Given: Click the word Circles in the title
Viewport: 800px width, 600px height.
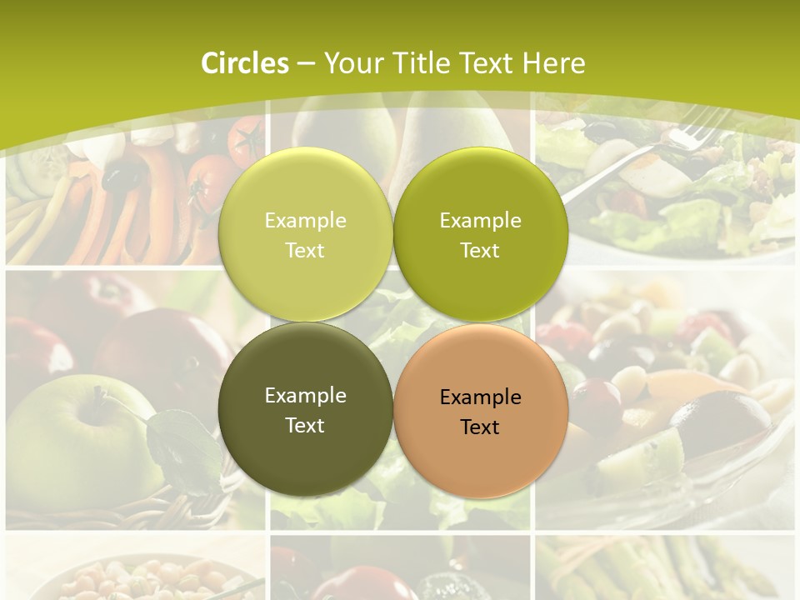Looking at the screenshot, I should click(245, 63).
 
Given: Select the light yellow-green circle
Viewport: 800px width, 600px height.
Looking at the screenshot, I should click(305, 233).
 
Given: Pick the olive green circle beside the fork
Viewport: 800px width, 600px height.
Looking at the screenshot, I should click(480, 233).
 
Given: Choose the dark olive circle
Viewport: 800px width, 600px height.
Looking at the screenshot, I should click(305, 408).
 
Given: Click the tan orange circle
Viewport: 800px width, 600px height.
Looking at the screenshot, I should click(480, 410).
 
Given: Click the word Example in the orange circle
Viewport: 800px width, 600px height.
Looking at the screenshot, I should click(480, 397).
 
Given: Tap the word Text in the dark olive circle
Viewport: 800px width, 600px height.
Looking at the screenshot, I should click(305, 425).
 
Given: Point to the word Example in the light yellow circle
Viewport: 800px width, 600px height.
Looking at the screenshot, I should click(305, 220).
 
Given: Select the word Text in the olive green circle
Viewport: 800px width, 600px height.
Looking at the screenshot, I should click(480, 250).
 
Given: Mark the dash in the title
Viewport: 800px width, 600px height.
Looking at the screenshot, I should click(306, 63).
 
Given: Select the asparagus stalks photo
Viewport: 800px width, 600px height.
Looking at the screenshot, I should click(667, 571).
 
